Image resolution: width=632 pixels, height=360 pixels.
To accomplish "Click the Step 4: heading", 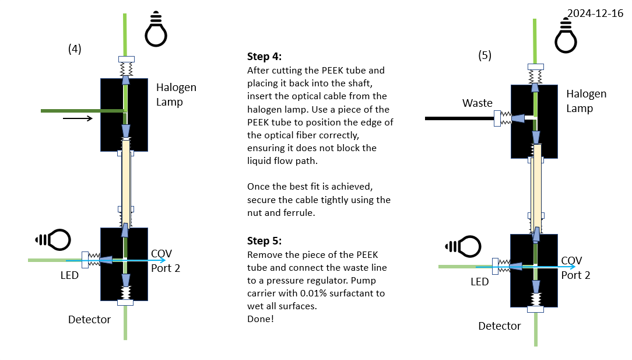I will click(264, 57).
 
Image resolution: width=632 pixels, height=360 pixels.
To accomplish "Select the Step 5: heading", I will click(264, 240).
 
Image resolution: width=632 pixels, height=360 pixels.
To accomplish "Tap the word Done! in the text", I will click(260, 319).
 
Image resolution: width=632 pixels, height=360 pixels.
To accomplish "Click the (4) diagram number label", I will click(75, 50).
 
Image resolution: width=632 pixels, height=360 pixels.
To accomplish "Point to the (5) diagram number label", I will click(484, 56).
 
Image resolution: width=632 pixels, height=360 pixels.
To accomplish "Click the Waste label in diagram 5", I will click(477, 103).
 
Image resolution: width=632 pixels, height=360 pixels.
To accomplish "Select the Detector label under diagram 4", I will click(89, 319).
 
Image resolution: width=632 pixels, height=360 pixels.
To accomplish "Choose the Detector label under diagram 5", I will click(499, 326).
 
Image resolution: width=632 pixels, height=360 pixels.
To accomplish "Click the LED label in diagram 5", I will click(479, 281).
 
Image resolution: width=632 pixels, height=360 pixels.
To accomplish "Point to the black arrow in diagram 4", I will click(78, 118).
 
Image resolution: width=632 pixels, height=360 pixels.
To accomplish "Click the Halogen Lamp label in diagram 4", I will click(176, 95).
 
